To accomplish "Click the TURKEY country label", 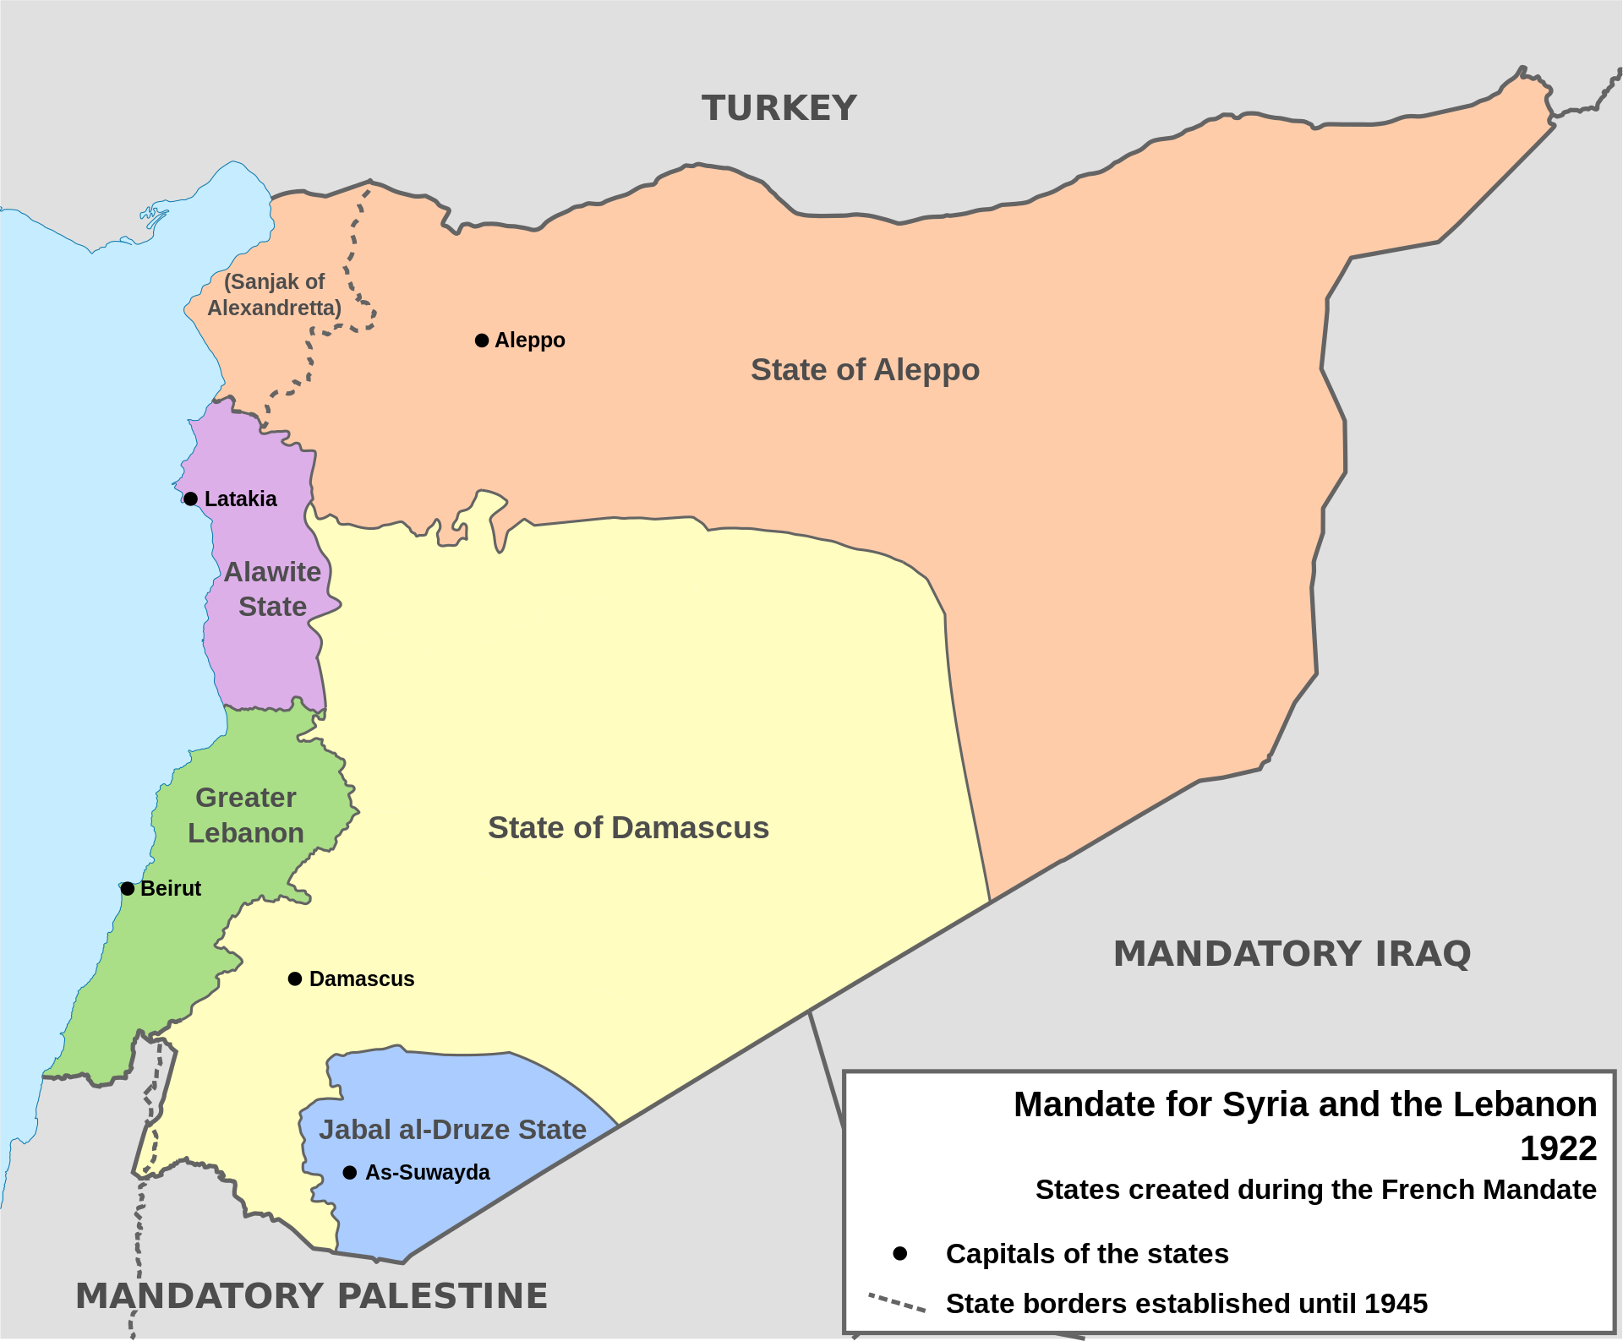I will pos(779,108).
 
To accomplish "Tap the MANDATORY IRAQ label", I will pos(1292,953).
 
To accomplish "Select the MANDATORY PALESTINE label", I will pos(311,1295).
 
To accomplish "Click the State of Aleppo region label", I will pos(865,369).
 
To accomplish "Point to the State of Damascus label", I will pos(628,827).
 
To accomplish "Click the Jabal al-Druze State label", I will pos(452,1129).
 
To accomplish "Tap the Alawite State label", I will pos(272,589).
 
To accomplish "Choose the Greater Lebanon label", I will pos(245,815).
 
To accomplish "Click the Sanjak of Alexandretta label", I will pos(274,294).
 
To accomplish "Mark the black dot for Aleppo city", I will pos(482,341).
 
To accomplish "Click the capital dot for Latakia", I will pos(191,499).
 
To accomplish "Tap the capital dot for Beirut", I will pos(128,888).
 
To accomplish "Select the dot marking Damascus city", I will pos(295,978).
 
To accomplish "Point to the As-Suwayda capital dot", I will pos(350,1172).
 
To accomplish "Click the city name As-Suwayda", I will pos(427,1172).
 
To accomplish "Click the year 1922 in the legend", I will pos(1558,1147).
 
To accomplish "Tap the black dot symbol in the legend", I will pos(900,1253).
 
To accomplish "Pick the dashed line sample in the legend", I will pos(897,1302).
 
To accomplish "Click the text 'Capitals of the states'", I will pos(1086,1253).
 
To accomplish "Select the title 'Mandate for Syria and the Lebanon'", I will pos(1304,1104).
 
